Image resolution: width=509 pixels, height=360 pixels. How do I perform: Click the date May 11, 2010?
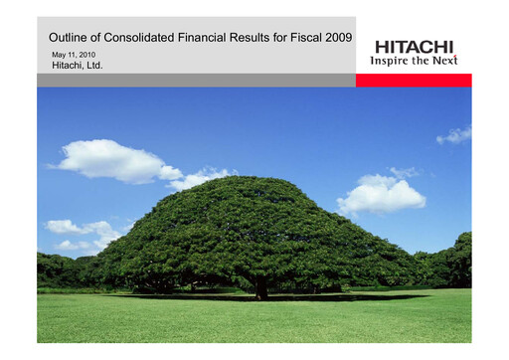(72, 53)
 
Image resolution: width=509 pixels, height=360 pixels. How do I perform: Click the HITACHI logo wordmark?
(414, 46)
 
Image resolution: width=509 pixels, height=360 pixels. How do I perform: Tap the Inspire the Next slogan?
(414, 60)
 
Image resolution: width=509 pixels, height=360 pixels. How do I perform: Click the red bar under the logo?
(414, 80)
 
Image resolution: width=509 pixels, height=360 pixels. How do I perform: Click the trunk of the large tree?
(260, 289)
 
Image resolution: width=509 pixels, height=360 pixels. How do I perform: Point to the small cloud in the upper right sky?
(455, 134)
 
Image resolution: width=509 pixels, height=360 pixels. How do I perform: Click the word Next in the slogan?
(442, 60)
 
